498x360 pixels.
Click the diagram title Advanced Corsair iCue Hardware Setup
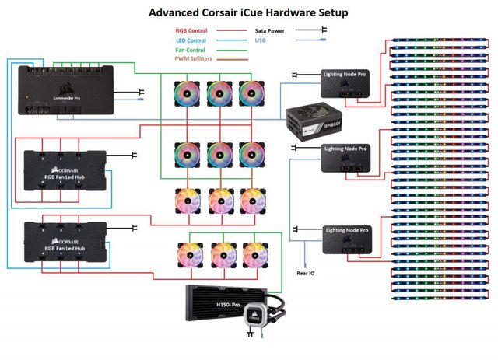(248, 12)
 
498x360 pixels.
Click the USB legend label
(262, 41)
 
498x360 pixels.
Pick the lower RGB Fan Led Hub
(65, 239)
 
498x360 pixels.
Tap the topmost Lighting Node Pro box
(348, 83)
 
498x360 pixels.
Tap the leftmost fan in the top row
(187, 92)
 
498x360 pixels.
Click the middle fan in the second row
(220, 153)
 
